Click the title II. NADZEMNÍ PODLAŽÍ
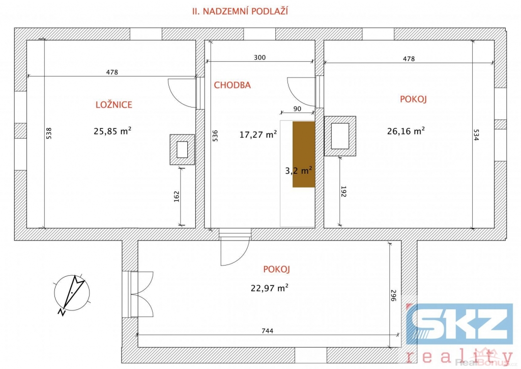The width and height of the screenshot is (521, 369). tap(240, 11)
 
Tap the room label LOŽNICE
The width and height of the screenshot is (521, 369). tap(114, 104)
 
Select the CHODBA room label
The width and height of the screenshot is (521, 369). tap(232, 85)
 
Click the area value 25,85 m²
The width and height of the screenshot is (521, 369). tap(112, 131)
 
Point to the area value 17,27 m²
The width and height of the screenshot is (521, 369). tap(258, 135)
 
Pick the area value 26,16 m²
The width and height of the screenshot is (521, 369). tap(406, 131)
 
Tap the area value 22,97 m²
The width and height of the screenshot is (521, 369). tap(269, 287)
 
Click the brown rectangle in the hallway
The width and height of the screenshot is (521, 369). tap(304, 154)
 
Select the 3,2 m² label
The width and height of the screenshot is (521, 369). tap(298, 170)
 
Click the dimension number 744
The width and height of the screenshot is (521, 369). tap(268, 331)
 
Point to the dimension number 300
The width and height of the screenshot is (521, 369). tap(260, 58)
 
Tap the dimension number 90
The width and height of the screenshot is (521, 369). tap(297, 109)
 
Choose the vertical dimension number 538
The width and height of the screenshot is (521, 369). tap(49, 134)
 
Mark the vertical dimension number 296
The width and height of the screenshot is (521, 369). tap(393, 296)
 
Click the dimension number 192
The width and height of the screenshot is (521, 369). tap(343, 191)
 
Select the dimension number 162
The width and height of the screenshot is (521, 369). tap(177, 196)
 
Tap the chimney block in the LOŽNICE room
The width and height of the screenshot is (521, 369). tap(182, 149)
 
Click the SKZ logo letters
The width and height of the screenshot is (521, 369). tap(459, 324)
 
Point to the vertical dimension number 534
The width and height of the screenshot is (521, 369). tap(476, 135)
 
